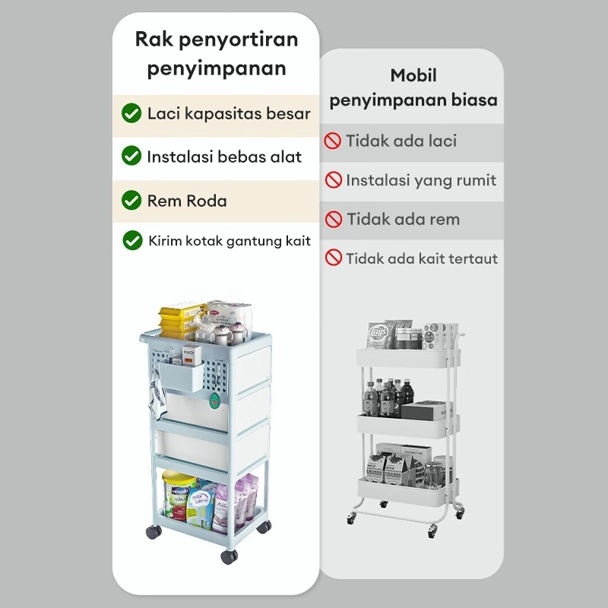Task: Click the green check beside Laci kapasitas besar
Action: [x=131, y=114]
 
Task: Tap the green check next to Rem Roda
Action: [x=131, y=201]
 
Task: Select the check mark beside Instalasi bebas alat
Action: [x=131, y=157]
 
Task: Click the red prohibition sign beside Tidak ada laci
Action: [x=333, y=141]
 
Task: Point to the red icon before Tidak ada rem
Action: [x=334, y=220]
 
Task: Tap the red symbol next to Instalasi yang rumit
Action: [x=333, y=180]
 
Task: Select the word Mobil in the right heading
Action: [x=413, y=76]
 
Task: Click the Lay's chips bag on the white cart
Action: [x=378, y=334]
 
